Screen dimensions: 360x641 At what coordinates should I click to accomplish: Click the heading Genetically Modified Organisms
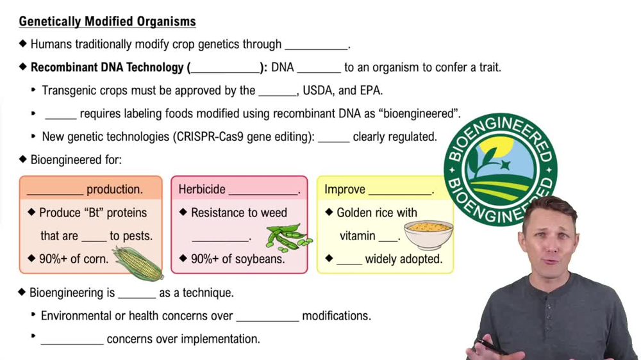tap(107, 22)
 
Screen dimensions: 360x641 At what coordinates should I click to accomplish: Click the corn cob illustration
tap(138, 263)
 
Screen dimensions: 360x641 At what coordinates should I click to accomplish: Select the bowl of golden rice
tap(428, 234)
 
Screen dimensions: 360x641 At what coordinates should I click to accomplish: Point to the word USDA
tap(319, 90)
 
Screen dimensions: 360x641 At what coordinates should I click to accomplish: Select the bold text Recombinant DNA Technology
tap(107, 67)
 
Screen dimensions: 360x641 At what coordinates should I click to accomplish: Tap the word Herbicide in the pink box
tap(202, 190)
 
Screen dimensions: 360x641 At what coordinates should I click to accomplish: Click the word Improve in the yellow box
tap(345, 190)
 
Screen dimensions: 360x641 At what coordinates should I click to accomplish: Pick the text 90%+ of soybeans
tap(238, 259)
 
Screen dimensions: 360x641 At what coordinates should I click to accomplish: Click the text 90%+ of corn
tap(74, 259)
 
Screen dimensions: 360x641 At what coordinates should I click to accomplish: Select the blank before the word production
tap(55, 191)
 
